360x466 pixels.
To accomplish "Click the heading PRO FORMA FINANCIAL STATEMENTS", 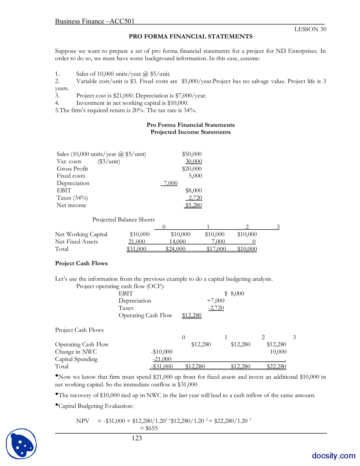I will tap(190, 36).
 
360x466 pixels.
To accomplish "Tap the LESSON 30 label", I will tap(310, 29).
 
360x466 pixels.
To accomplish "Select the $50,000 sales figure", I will tap(192, 154).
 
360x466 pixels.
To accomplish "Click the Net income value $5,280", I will tap(193, 205).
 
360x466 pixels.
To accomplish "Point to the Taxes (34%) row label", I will tap(72, 198).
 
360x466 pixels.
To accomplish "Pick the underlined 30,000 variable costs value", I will tap(193, 161).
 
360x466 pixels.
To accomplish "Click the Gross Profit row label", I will tap(72, 169).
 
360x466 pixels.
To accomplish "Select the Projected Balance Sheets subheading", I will tap(123, 219).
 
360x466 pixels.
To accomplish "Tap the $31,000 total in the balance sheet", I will tap(136, 249).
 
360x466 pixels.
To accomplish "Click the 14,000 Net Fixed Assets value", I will tap(177, 241).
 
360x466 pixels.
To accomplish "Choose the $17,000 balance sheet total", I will tap(216, 249).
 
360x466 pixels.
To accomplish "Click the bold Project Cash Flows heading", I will tap(81, 263).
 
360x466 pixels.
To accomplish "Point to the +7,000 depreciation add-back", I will tap(215, 301).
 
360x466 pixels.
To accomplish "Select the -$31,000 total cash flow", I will tap(162, 366).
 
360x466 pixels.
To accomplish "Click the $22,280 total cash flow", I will tap(276, 366).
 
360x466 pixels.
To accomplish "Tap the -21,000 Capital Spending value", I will tap(162, 359).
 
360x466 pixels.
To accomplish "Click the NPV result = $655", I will tap(149, 428).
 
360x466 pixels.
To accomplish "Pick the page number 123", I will tap(137, 438).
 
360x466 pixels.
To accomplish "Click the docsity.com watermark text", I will tap(333, 456).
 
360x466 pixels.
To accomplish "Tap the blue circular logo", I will tap(21, 444).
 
